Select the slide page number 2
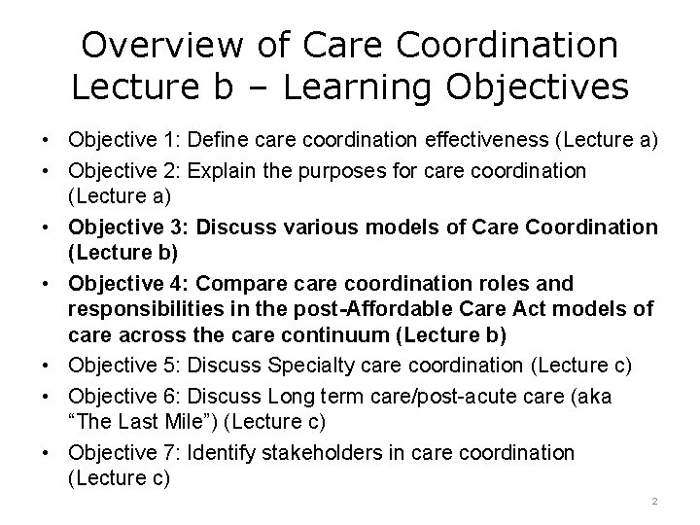(654, 500)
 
